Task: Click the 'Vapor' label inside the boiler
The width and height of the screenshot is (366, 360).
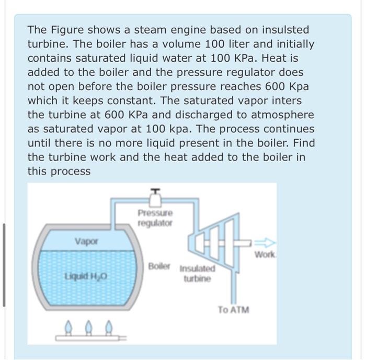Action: click(86, 241)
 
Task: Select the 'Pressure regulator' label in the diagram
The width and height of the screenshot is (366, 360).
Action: click(155, 218)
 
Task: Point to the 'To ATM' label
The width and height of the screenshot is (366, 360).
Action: click(233, 309)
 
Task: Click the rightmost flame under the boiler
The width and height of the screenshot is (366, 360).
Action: click(108, 327)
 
